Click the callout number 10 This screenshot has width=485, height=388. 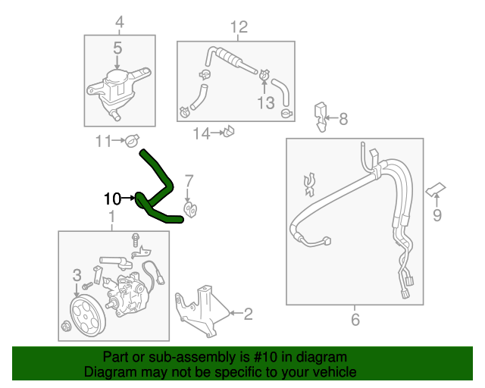coord(112,199)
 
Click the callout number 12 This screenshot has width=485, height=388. coord(239,28)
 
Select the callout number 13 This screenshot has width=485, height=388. coord(264,103)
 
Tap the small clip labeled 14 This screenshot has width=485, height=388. coord(228,133)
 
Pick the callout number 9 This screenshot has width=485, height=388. coord(436,216)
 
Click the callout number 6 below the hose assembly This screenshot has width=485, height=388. coord(355,320)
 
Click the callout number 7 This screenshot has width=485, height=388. coord(189,180)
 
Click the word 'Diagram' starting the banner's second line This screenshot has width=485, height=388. coord(108,372)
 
